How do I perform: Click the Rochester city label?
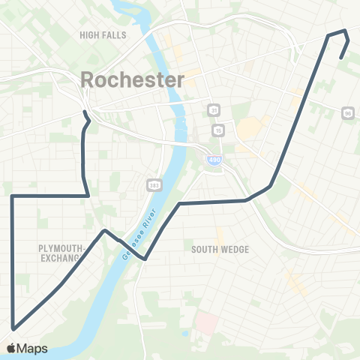click(x=132, y=79)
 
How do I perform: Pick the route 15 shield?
click(x=218, y=130)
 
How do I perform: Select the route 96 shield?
click(x=346, y=112)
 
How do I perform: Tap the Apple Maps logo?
click(x=27, y=348)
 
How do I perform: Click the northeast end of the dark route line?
click(x=341, y=58)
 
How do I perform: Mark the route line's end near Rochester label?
click(x=85, y=112)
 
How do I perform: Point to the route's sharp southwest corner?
click(x=13, y=328)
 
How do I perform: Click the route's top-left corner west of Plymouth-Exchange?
click(x=13, y=196)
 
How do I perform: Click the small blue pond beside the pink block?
click(x=185, y=332)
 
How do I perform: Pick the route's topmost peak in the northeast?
click(x=344, y=30)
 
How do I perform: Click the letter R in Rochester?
click(x=88, y=79)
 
